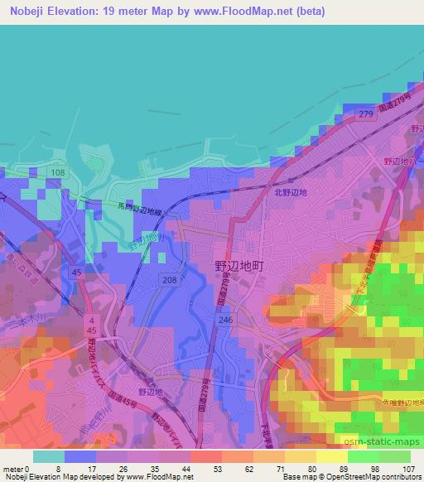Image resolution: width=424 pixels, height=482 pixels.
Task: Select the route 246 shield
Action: [x=224, y=318]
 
